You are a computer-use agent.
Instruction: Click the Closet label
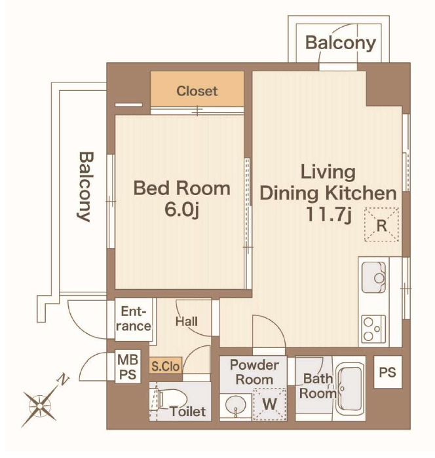coord(197,92)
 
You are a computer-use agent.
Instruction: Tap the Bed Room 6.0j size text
coord(181,209)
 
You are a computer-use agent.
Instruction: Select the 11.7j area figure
coord(328,215)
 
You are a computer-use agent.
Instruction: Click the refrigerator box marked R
coord(381,224)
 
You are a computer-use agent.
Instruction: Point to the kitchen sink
coord(373,277)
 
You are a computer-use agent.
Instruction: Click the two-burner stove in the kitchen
coord(373,329)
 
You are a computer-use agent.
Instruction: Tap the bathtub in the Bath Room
coord(350,388)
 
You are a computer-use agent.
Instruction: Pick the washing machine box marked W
coord(269,404)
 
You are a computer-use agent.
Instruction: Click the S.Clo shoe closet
coord(166,365)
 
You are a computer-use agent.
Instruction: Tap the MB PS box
coord(128,366)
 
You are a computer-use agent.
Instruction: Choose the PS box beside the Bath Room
coord(388,372)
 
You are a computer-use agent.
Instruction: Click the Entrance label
coord(134,319)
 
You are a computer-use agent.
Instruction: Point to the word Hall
coord(186,322)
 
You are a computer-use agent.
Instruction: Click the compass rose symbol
coord(40,406)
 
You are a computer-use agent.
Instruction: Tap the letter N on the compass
coord(63,379)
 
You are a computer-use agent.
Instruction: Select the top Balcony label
coord(341,44)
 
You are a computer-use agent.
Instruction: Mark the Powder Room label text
coord(254,372)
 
